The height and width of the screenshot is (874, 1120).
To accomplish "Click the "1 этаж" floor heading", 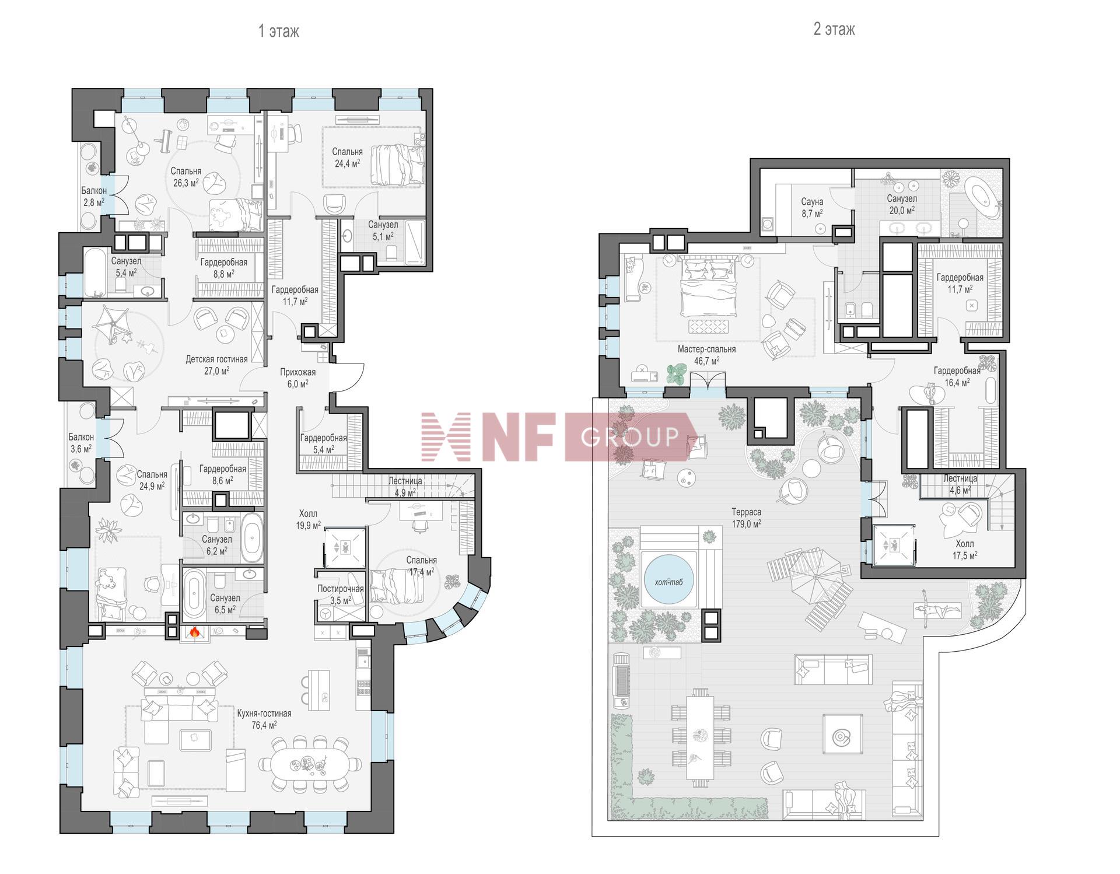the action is click(x=279, y=31).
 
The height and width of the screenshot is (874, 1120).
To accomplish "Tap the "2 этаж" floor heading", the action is click(x=834, y=29).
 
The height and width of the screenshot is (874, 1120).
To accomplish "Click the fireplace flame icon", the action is click(x=195, y=631).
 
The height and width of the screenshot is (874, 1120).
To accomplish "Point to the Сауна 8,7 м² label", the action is click(x=812, y=208).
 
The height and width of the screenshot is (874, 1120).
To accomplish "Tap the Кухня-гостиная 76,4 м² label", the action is click(x=264, y=719).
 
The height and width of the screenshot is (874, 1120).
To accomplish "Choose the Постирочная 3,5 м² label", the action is click(x=340, y=595).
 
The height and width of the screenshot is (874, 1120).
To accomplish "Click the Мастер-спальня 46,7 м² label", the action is click(x=706, y=355).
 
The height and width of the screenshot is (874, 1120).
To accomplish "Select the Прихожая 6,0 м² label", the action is click(x=297, y=377).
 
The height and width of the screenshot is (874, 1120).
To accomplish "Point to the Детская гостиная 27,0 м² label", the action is click(x=216, y=365).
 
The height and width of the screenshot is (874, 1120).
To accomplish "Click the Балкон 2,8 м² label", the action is click(x=93, y=196).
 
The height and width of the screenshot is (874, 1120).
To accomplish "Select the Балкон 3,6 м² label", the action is click(x=80, y=443).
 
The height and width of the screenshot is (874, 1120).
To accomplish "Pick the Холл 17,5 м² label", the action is click(x=965, y=550).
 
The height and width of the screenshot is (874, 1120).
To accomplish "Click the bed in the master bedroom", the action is click(x=707, y=287).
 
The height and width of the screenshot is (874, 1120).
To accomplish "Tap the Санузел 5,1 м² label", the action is click(x=383, y=230).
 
